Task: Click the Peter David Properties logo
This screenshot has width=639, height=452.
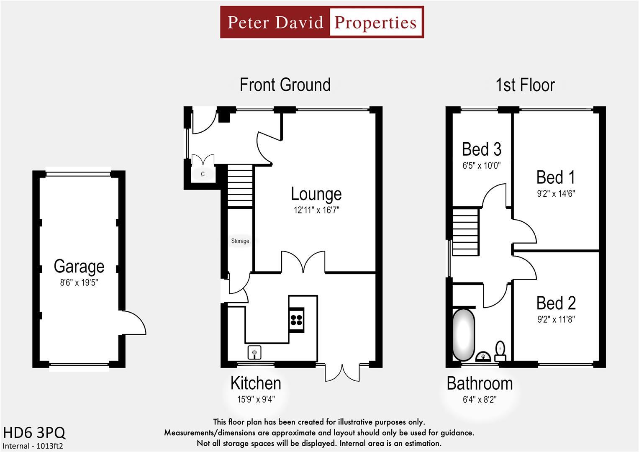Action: (322, 22)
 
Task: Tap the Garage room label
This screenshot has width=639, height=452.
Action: (79, 266)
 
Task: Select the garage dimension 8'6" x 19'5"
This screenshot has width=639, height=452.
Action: (79, 282)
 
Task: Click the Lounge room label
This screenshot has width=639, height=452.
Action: (316, 194)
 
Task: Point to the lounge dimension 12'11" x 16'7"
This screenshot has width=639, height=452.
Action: (316, 210)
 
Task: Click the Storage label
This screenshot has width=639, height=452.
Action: (240, 241)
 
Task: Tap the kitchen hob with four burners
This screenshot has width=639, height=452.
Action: (297, 319)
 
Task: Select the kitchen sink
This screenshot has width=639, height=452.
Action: (254, 352)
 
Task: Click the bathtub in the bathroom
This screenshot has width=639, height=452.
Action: (464, 335)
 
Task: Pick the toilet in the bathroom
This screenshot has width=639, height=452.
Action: (500, 351)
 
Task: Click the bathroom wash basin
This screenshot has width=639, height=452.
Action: (483, 357)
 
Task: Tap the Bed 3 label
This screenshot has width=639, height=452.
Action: (482, 149)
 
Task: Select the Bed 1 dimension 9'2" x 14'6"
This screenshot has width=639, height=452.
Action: (556, 194)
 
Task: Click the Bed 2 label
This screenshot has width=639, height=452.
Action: (556, 303)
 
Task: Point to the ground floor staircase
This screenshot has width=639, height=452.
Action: (240, 186)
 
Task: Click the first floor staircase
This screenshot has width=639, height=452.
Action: (465, 232)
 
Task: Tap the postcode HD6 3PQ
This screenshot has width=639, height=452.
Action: (34, 433)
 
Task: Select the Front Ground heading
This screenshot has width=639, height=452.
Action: (285, 85)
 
